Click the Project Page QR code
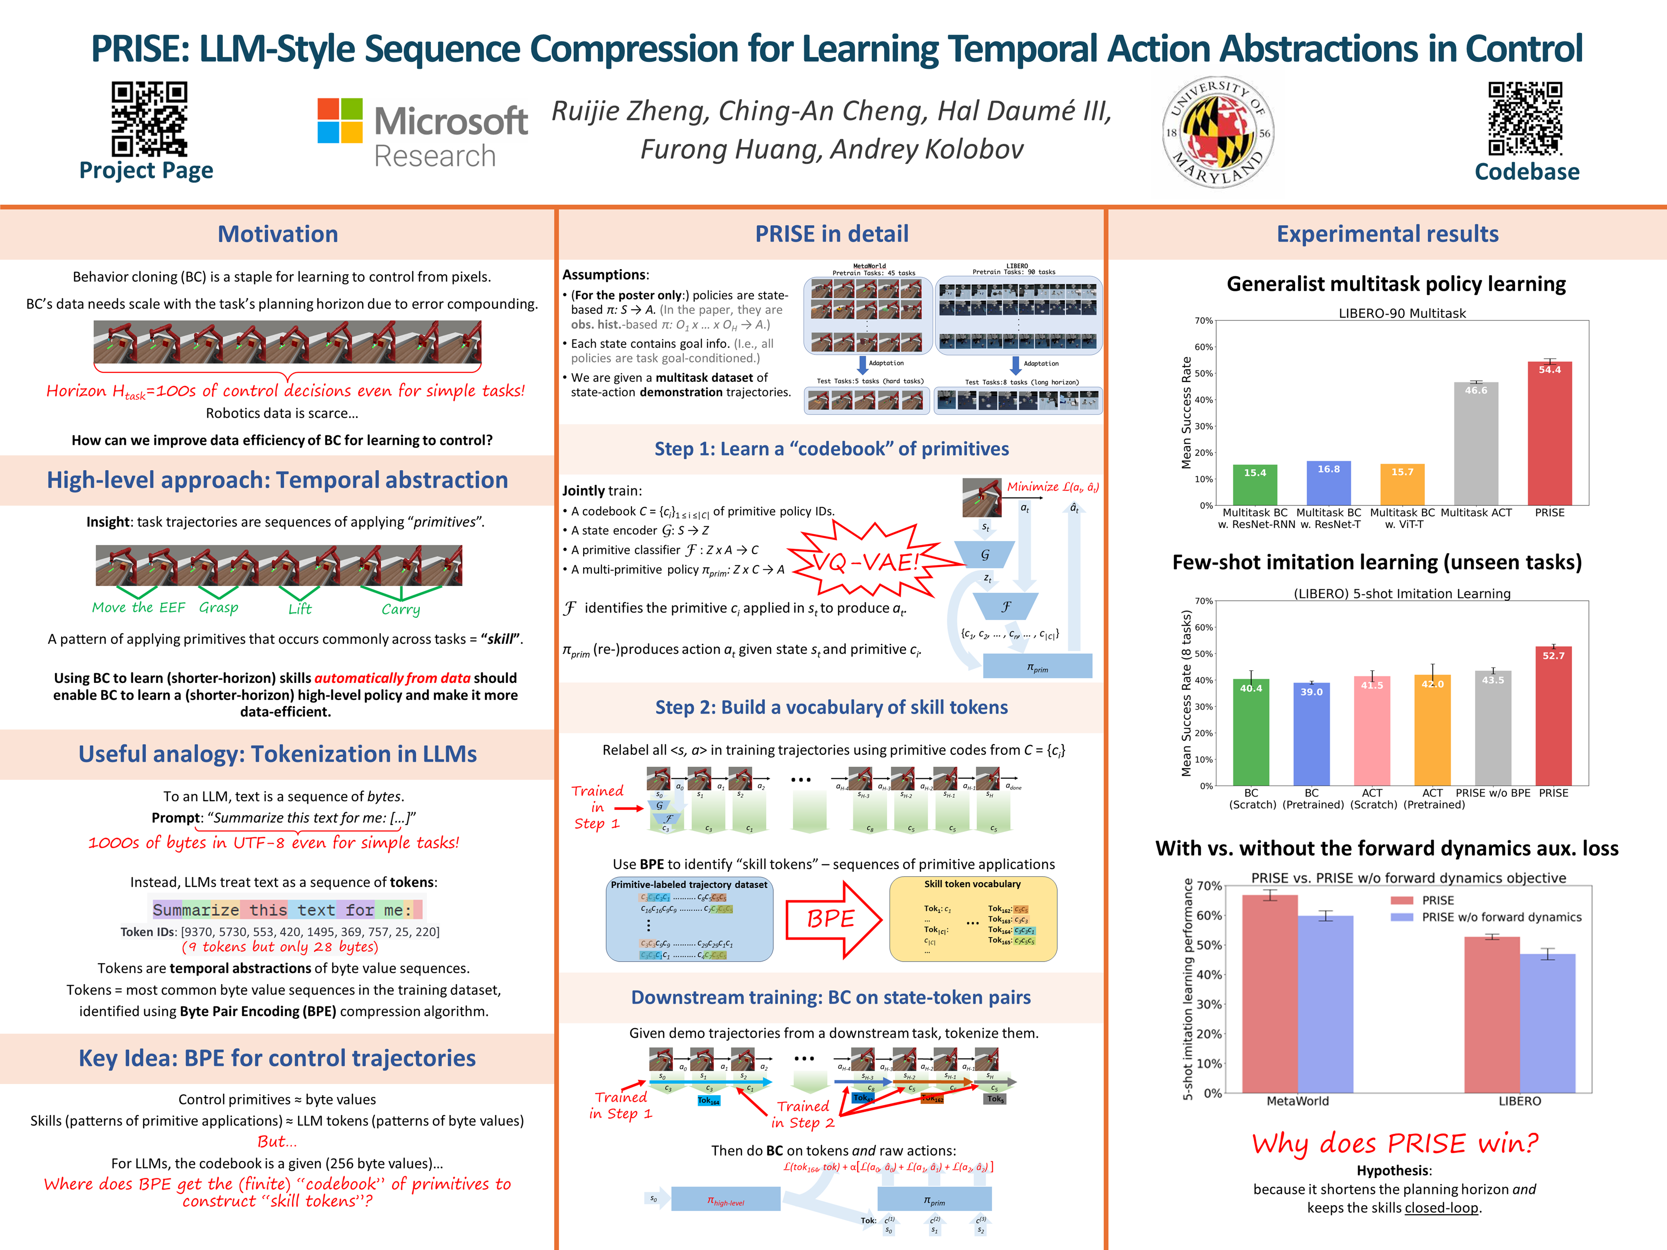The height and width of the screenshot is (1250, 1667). (149, 118)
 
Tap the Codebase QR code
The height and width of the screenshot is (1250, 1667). (1525, 118)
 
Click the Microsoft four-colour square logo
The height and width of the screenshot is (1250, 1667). (340, 121)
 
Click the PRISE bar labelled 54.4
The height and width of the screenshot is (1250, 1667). (1549, 433)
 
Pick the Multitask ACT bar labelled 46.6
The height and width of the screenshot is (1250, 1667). (1476, 443)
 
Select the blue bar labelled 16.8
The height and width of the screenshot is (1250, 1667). (1328, 483)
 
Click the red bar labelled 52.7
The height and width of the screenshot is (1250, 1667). (1553, 716)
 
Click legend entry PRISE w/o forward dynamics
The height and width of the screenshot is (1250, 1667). (1501, 917)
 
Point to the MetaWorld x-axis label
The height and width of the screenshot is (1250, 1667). (1297, 1101)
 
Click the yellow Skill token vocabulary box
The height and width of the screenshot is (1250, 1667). (972, 919)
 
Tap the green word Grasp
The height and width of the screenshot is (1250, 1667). (219, 607)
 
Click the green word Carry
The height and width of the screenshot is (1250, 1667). (400, 609)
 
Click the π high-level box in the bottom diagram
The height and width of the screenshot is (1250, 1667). (725, 1199)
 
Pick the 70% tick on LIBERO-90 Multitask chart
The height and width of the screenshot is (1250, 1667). (1203, 321)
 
